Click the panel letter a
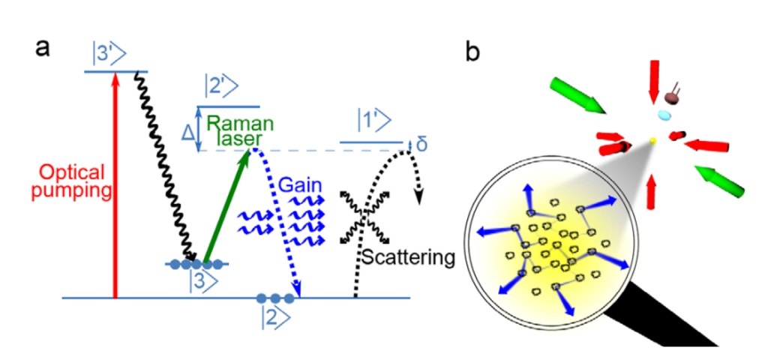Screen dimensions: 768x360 [x=43, y=49]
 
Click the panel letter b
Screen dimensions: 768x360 [x=472, y=51]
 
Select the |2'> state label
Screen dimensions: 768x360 [x=221, y=87]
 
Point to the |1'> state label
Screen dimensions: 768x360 [x=374, y=120]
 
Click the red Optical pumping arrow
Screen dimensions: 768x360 [x=115, y=185]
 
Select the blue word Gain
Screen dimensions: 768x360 [x=300, y=185]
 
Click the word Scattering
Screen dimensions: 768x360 [x=409, y=258]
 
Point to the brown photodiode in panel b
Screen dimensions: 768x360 [x=670, y=97]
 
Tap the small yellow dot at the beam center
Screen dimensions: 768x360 [x=652, y=141]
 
